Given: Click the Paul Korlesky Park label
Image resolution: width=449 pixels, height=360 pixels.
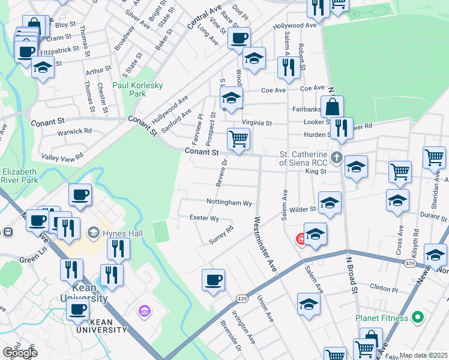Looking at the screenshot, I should pos(137,89).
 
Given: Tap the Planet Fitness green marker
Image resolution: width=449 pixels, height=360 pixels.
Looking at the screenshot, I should pos(420,317).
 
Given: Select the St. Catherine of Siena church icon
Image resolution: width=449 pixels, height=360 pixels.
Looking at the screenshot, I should pos(336,158).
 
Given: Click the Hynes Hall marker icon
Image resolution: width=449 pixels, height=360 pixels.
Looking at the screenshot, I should pos(93,232).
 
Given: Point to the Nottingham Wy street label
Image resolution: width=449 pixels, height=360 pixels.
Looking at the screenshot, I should pos(229,203).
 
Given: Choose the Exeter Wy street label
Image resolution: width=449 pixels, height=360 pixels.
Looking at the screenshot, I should pos(204,218).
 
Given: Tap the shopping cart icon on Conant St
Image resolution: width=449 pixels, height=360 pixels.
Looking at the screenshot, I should pos(239,140).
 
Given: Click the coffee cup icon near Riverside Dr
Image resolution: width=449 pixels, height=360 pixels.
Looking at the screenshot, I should pos(213,280).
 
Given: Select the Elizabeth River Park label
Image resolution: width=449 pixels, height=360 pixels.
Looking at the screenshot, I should pos(19,176).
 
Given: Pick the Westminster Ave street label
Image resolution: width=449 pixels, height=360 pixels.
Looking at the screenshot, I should pos(265,245).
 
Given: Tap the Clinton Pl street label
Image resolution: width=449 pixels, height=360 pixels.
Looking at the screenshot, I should pos(384,289).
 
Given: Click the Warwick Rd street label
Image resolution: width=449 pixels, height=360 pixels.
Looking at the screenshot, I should pos(74,130).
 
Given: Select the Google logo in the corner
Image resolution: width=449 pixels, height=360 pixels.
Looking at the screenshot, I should pos(20,352).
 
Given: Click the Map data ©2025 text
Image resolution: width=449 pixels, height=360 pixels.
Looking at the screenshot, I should pos(424,355).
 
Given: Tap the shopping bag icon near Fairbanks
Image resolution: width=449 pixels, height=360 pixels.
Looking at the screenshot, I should pos(332,107).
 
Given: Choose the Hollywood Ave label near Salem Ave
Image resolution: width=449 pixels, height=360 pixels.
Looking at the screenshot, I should pos(294,26).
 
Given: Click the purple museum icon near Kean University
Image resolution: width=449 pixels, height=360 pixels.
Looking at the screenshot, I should pos(144,311).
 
